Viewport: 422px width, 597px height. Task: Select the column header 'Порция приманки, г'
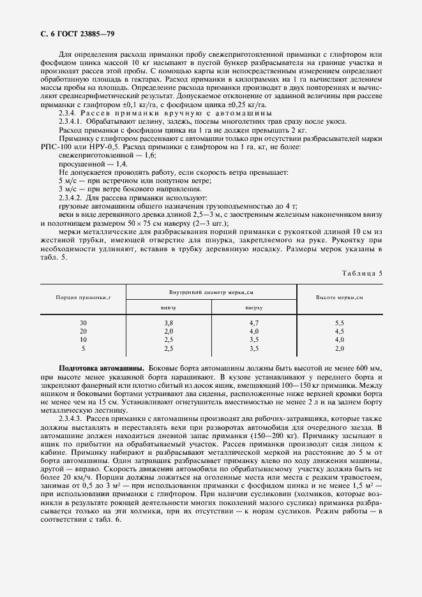pos(83,298)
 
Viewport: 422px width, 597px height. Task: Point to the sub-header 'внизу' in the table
pos(169,307)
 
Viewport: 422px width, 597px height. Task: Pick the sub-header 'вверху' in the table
pos(253,307)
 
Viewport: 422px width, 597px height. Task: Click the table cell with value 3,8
pos(169,323)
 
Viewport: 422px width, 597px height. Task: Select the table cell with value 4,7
pos(253,323)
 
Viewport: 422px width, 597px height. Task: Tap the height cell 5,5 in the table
pos(339,323)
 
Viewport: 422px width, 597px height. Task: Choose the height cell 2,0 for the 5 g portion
pos(339,349)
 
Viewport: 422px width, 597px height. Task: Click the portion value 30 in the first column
pos(83,323)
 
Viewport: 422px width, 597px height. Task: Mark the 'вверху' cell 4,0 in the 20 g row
pos(253,332)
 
